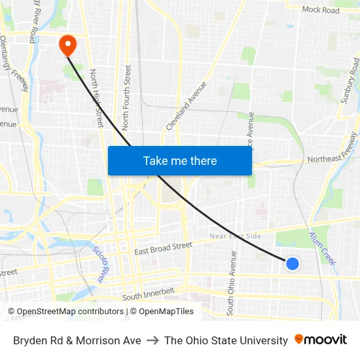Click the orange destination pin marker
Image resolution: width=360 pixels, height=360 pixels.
[x=67, y=45]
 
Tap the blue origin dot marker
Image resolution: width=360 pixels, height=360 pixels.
[x=293, y=263]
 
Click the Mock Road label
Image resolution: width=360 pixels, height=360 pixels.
[x=321, y=10]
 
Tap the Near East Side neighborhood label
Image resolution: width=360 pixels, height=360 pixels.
[x=235, y=236]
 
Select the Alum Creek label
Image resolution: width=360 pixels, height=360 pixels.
[x=323, y=248]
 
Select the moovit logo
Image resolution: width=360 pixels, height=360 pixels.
[x=321, y=340]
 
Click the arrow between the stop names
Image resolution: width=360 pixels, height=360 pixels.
[x=153, y=340]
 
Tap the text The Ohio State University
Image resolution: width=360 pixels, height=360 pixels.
[x=226, y=340]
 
